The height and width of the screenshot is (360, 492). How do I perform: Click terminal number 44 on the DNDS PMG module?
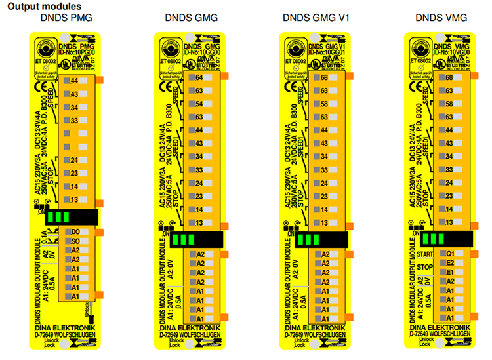pyautogui.click(x=74, y=80)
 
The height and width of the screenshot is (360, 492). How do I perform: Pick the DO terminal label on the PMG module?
pyautogui.click(x=75, y=232)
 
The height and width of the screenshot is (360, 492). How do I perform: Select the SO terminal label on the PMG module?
pyautogui.click(x=75, y=241)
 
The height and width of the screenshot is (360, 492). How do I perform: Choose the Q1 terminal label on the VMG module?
pyautogui.click(x=450, y=253)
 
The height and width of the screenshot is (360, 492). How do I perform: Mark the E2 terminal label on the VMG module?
pyautogui.click(x=450, y=262)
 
